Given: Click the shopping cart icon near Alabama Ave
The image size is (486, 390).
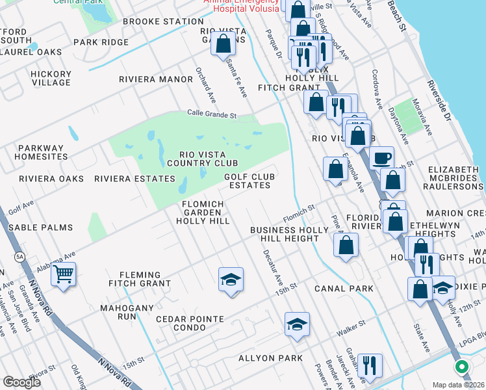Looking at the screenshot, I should tap(63, 274).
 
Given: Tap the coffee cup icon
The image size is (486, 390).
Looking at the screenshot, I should tap(381, 158).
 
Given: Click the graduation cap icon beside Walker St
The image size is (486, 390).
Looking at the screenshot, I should tap(297, 324).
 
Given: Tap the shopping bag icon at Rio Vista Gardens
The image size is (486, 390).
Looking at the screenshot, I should tap(223, 44).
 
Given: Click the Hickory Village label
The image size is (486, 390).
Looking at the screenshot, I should tap(51, 78).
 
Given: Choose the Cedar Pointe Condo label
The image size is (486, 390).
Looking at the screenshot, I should tap(190, 323).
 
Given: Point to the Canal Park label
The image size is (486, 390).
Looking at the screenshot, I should tap(343, 288).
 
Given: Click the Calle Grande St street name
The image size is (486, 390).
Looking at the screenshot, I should tap(212, 115).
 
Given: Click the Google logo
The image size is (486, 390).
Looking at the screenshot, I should tap(21, 382).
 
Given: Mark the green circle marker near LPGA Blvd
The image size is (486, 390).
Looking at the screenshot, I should tap(462, 367).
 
